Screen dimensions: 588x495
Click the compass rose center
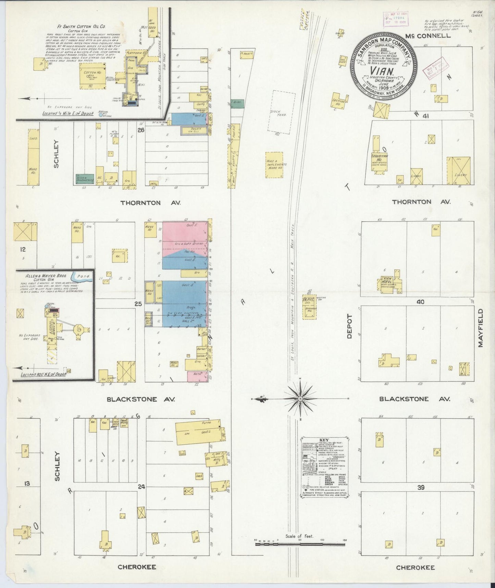(x=300, y=399)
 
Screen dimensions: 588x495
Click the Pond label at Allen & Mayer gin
(x=83, y=276)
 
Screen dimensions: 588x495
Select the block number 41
(x=426, y=116)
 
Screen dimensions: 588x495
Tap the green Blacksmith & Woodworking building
(x=85, y=178)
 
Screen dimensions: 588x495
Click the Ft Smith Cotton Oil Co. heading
(x=78, y=26)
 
